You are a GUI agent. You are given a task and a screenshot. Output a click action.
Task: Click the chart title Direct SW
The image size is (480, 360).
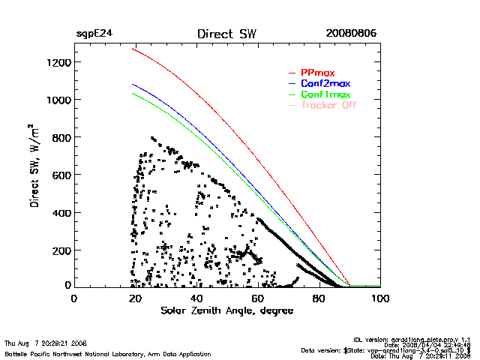pos(226,34)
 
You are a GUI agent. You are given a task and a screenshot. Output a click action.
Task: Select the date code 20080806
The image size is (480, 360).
pos(351,34)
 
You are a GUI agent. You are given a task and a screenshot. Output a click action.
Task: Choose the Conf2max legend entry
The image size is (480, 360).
pos(324,83)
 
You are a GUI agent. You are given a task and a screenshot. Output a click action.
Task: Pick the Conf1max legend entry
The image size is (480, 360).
pos(325,94)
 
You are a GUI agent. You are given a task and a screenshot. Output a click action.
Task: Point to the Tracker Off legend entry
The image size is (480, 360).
pos(328,105)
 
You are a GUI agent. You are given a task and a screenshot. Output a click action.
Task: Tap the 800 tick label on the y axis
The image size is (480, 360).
pos(60,137)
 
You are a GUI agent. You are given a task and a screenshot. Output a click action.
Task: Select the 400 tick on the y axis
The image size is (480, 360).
pos(60,212)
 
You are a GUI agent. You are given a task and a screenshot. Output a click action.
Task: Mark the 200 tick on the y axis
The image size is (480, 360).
pos(60,250)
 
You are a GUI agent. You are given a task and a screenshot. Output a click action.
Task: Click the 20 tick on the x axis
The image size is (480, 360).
pos(135,298)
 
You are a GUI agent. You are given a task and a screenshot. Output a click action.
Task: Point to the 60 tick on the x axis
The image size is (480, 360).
pos(258,298)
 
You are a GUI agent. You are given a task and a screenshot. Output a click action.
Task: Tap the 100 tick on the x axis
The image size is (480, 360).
pos(381,298)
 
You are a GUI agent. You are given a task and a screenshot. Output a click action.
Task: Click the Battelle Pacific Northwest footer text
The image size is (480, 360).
pos(107,353)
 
